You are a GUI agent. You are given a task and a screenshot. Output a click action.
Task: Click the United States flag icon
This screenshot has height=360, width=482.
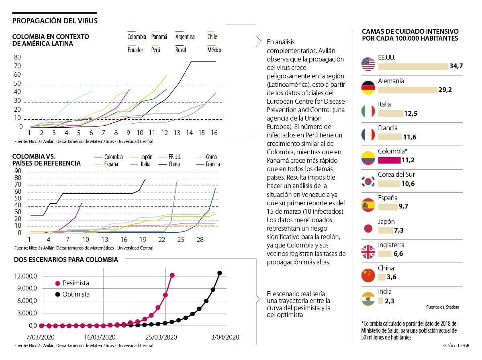click(368, 64)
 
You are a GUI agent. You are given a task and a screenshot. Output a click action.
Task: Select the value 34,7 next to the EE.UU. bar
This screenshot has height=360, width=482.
click(457, 66)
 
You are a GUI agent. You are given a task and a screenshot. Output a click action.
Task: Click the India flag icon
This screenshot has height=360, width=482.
click(368, 299)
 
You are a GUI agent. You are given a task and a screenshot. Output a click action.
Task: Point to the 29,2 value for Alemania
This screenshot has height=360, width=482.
click(445, 90)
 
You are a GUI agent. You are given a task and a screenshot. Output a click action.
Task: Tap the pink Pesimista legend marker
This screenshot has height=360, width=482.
click(58, 283)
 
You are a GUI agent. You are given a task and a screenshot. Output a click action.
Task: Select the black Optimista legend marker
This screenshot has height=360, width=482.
click(58, 294)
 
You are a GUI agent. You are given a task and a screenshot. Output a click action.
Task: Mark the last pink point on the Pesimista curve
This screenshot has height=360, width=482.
click(172, 275)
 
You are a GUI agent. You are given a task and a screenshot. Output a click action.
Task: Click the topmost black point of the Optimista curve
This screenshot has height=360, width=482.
click(220, 273)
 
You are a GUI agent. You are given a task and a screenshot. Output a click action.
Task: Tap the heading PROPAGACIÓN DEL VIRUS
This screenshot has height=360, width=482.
click(55, 20)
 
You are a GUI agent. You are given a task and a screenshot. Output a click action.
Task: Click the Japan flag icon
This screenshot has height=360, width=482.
click(368, 229)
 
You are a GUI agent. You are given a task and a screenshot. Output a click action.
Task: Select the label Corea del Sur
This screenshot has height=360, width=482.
click(396, 175)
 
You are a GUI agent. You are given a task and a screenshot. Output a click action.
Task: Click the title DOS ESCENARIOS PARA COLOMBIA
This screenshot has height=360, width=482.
click(66, 260)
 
